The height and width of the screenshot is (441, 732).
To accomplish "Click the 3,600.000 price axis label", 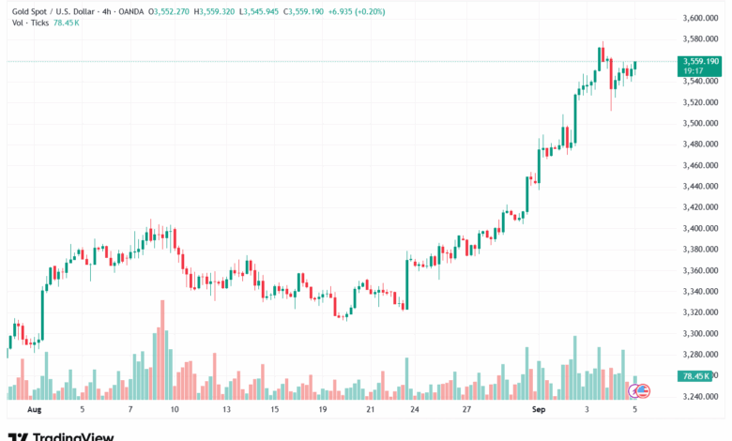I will [700, 18].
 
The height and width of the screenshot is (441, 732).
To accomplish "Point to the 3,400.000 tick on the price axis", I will [700, 228].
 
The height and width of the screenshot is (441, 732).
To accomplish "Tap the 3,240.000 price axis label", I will [700, 396].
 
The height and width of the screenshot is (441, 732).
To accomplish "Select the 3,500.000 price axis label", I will [700, 123].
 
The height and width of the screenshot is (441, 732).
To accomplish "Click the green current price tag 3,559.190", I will [700, 61].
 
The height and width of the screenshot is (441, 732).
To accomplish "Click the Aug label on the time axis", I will [36, 410].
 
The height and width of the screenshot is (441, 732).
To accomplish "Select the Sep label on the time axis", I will [539, 410].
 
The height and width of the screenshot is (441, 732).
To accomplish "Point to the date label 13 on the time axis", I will [226, 410].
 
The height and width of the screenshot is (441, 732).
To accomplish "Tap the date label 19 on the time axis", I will [323, 410].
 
